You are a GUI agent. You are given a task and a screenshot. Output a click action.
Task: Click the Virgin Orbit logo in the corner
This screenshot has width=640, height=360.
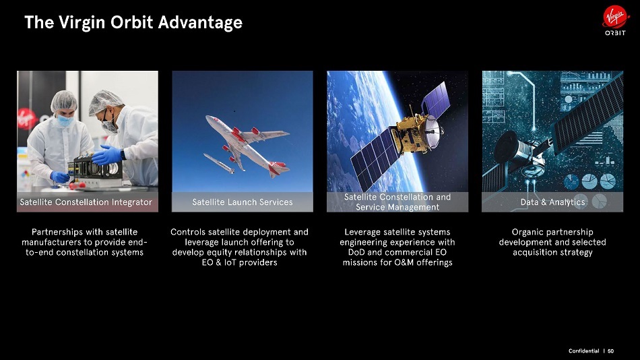point(615,20)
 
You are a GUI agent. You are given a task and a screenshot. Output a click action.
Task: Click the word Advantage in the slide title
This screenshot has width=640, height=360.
point(200,22)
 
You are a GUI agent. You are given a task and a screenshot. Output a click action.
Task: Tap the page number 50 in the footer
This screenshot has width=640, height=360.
point(610,351)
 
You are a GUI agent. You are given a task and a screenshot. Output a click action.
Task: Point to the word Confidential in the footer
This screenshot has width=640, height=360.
point(583,351)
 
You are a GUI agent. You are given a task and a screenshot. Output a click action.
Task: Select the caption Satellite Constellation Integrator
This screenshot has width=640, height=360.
point(86,202)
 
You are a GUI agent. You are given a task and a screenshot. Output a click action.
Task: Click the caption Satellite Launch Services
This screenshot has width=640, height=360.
point(243,202)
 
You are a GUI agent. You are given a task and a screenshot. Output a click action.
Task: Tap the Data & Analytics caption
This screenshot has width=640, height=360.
point(552,202)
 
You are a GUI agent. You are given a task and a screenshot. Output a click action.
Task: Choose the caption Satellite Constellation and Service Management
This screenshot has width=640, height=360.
point(397,202)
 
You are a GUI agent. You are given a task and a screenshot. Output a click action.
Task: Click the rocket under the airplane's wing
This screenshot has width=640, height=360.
point(219,163)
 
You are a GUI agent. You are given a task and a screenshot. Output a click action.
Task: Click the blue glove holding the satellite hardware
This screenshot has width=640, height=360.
point(107,155)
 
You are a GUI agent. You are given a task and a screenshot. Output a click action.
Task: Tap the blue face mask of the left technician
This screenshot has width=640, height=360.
point(64,121)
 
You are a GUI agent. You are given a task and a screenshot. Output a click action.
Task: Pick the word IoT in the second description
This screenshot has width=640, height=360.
point(230,262)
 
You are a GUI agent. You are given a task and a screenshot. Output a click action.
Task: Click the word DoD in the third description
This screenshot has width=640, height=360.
point(356,252)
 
